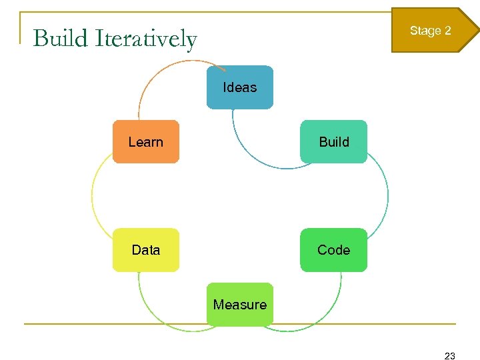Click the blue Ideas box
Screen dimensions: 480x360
239,87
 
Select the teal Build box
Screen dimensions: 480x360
333,141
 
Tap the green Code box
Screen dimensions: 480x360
333,250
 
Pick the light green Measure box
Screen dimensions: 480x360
239,305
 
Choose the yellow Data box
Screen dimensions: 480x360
145,250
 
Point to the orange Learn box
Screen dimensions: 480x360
145,141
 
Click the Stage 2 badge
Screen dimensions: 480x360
432,31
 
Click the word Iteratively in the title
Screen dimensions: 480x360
146,39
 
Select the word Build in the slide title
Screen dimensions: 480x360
61,39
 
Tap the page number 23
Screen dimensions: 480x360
449,356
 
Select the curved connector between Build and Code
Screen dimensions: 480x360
387,195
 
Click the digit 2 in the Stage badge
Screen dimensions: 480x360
447,31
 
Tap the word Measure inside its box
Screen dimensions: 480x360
239,305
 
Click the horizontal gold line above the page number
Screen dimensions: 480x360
240,324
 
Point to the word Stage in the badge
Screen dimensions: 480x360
425,31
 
